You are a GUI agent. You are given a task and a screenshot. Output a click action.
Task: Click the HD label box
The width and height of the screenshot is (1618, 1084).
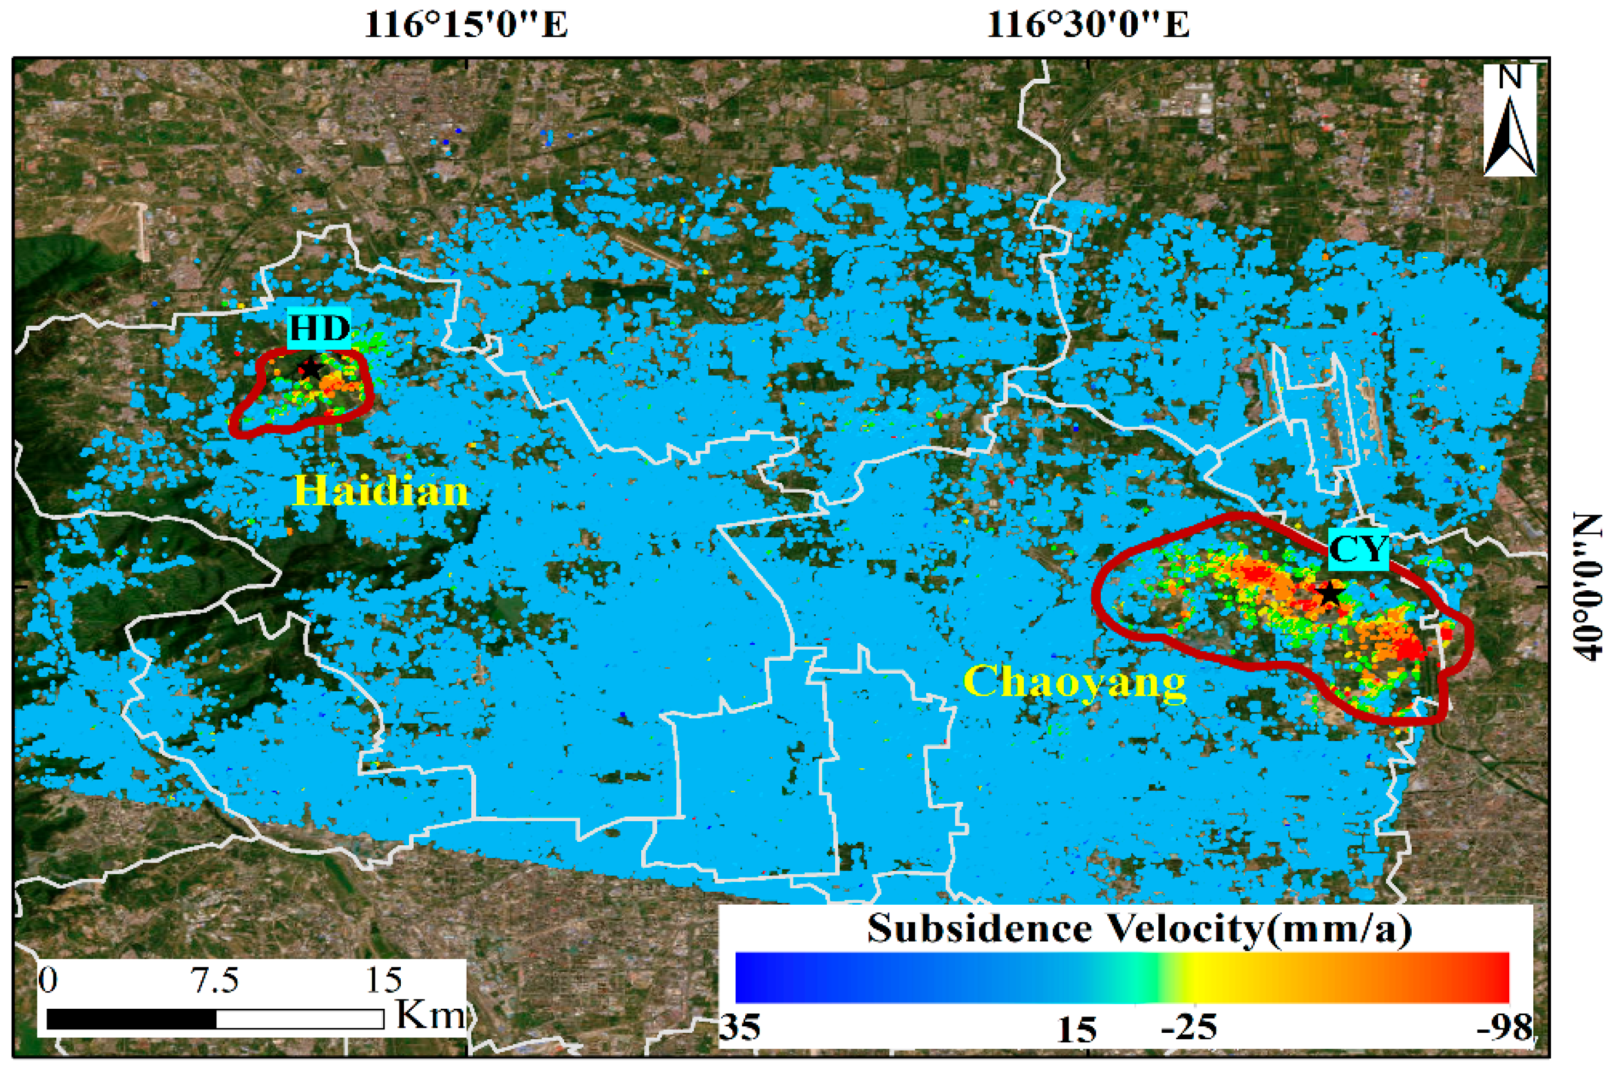point(319,327)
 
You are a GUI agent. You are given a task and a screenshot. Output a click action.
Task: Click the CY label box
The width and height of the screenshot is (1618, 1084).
point(1358,550)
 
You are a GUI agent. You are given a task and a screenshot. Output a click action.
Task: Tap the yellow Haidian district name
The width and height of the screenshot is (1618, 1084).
point(381,491)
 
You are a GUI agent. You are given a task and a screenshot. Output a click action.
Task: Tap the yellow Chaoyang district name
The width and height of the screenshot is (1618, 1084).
point(1075,682)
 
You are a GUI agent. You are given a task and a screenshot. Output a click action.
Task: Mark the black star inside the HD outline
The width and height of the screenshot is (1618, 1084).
point(310,369)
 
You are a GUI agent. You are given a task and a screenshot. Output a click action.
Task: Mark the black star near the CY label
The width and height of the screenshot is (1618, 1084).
point(1328,593)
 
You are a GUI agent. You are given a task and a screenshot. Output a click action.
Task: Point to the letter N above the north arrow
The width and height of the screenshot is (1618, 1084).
point(1510,78)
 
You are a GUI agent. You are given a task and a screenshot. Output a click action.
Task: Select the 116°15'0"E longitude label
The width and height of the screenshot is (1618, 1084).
point(465,25)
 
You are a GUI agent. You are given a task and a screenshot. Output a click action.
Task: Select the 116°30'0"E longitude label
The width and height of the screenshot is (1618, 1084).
point(1088,25)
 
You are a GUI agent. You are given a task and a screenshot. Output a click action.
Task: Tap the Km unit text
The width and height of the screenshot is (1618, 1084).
point(430,1014)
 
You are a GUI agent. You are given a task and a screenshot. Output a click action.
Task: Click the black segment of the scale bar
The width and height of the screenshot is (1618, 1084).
point(131,1019)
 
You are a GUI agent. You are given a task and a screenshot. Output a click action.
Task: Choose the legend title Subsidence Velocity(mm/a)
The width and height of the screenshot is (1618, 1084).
point(1139,928)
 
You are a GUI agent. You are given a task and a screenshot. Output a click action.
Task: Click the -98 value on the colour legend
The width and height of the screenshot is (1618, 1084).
point(1504,1028)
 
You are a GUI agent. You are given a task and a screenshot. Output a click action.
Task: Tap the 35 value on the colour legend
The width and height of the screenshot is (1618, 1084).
point(740,1028)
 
